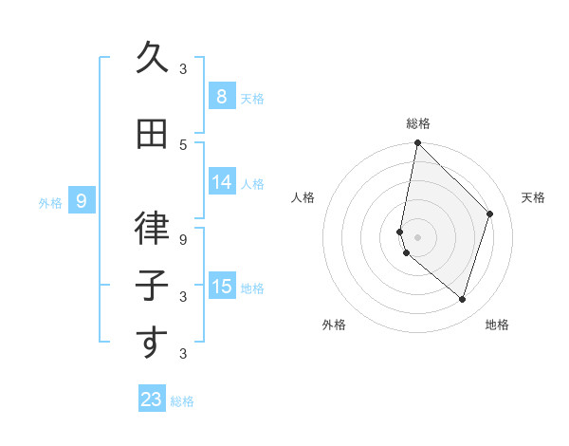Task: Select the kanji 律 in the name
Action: [152, 231]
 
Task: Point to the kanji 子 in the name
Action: [152, 287]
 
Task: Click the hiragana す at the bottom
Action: [152, 343]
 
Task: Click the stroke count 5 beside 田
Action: [183, 144]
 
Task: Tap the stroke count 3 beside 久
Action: [183, 68]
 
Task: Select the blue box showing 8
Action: [221, 96]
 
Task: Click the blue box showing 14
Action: [221, 182]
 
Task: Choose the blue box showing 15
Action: [221, 286]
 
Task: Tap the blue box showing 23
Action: [152, 400]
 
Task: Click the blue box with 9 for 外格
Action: [82, 200]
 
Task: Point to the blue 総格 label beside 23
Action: [183, 401]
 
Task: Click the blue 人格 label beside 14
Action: [252, 184]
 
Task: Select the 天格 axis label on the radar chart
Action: [534, 197]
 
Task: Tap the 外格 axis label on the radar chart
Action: [334, 325]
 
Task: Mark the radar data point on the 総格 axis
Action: [417, 142]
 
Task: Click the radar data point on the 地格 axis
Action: [462, 299]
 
